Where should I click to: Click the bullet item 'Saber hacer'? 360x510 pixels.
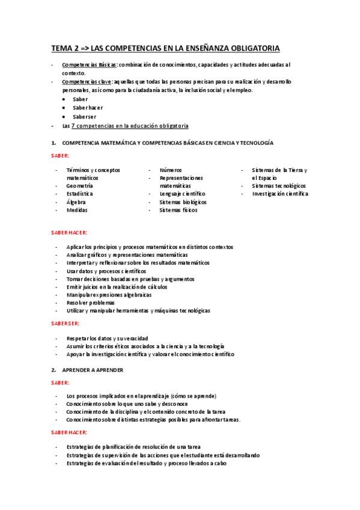[87, 107]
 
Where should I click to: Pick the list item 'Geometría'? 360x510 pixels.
[79, 186]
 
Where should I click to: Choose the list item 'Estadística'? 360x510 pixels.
[79, 194]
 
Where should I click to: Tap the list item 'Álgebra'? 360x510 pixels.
[76, 203]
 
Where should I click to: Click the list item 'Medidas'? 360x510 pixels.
[77, 210]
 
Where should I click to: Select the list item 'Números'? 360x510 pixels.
[171, 170]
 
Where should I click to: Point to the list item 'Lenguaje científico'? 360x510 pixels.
[182, 194]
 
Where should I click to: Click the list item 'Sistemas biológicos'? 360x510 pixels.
[183, 203]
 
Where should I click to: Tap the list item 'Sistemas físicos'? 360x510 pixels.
[178, 210]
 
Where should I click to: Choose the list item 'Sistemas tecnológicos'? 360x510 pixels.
[278, 186]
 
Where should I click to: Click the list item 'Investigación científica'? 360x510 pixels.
[279, 194]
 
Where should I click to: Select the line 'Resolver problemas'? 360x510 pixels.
[90, 303]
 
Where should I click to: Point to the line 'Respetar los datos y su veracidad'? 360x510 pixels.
[107, 338]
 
